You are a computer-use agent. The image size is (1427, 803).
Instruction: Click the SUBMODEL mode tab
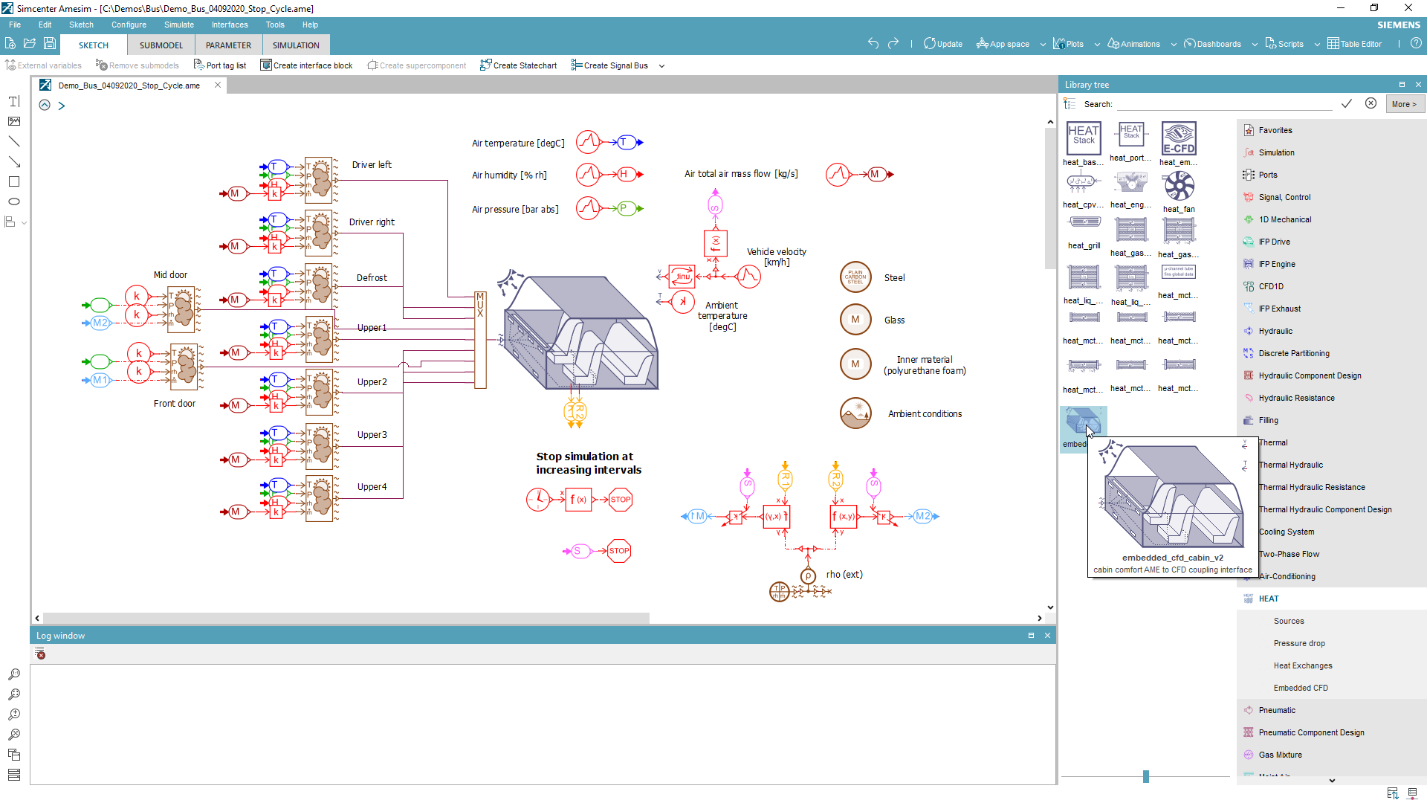(161, 45)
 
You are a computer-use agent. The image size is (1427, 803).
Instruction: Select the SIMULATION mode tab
(296, 45)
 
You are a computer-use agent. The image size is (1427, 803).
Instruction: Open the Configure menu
(129, 25)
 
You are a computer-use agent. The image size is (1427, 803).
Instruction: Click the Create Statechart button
(518, 65)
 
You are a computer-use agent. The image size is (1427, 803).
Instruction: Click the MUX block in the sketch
(480, 340)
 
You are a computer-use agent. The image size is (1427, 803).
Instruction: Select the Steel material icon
(855, 277)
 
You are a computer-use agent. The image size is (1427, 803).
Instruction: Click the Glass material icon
(855, 320)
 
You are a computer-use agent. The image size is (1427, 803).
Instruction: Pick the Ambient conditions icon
(855, 413)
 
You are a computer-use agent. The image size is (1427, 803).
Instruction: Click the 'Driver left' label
(372, 165)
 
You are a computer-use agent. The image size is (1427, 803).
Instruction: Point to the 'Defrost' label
(372, 278)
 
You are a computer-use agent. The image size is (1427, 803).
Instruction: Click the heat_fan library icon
(1179, 187)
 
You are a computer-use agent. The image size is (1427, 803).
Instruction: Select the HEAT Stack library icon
(1084, 138)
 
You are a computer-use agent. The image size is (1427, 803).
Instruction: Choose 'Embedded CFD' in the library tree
(1301, 688)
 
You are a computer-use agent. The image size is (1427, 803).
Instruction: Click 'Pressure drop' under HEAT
(1299, 643)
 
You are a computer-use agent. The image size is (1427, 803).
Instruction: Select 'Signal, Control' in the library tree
(1284, 197)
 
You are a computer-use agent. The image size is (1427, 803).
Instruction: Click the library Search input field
(1223, 104)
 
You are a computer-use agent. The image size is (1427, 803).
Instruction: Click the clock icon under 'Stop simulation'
(538, 500)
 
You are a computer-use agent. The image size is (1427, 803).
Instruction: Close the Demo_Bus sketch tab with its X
(218, 85)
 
